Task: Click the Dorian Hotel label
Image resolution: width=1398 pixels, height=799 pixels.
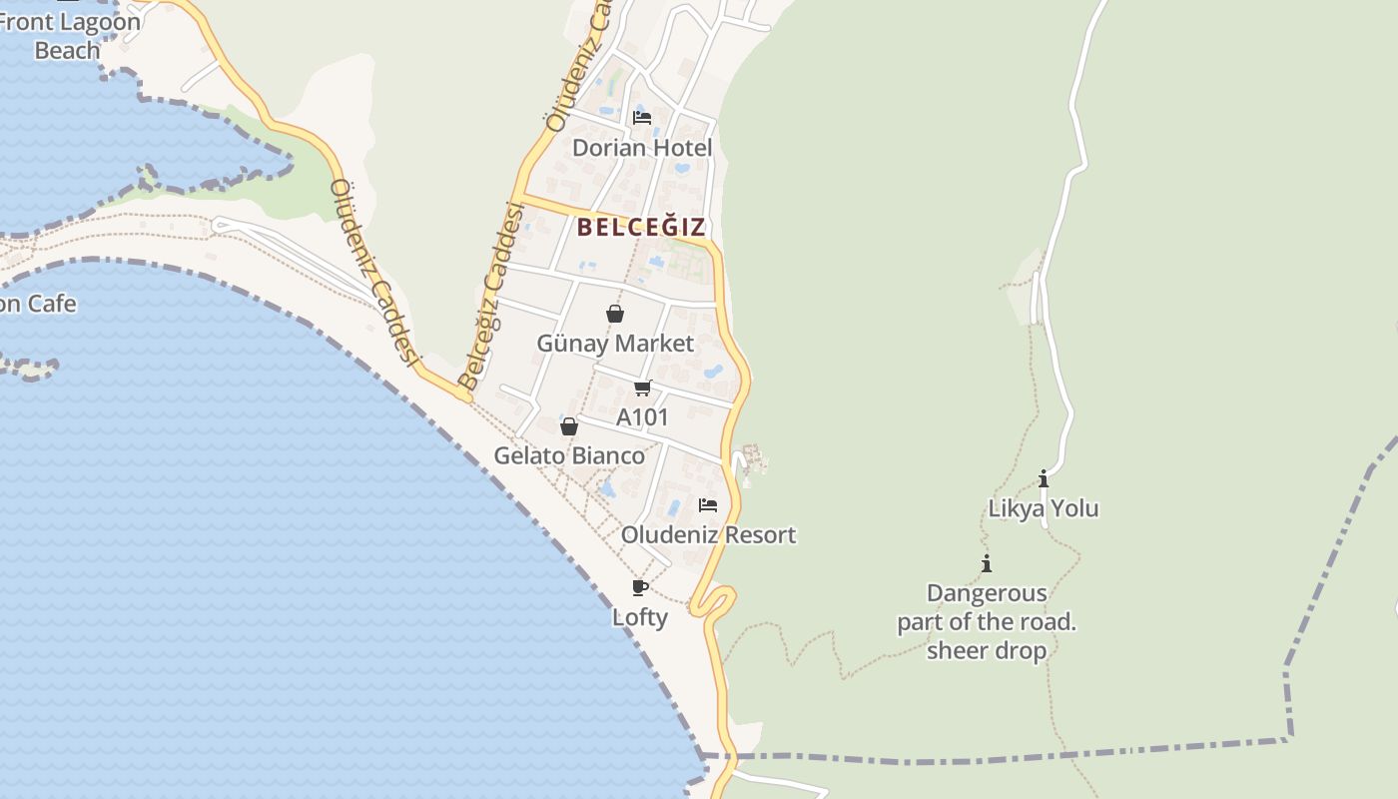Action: click(x=642, y=148)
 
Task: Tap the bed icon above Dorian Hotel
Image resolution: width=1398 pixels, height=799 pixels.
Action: click(x=642, y=118)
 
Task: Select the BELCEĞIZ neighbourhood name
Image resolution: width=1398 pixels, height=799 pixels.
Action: click(x=641, y=227)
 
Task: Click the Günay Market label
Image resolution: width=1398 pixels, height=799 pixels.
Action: click(x=615, y=344)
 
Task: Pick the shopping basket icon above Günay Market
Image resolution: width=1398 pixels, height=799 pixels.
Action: click(x=615, y=314)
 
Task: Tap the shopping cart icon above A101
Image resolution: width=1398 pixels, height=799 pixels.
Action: click(x=642, y=388)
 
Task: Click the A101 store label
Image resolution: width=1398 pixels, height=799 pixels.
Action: click(x=642, y=416)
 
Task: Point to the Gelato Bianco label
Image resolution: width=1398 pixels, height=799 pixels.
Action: click(x=569, y=455)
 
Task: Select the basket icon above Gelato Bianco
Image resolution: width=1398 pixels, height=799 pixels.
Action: click(x=569, y=426)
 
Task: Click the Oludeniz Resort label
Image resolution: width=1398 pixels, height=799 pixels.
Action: click(x=708, y=534)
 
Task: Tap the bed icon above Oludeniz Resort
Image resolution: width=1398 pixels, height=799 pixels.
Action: click(x=708, y=505)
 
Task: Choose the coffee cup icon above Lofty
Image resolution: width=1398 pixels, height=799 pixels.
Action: click(x=640, y=587)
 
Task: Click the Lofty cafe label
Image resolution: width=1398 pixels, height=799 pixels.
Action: click(x=640, y=617)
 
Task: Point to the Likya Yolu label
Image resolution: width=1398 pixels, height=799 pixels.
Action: click(x=1044, y=508)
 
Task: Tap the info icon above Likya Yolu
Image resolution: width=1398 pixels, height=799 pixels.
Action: click(x=1044, y=478)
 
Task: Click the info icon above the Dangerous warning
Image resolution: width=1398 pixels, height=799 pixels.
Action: click(x=987, y=563)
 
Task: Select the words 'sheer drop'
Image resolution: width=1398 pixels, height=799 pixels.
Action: click(x=987, y=651)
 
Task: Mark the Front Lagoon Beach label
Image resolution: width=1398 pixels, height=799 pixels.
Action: click(x=67, y=36)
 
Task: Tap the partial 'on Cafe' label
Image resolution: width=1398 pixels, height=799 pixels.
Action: click(x=37, y=304)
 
